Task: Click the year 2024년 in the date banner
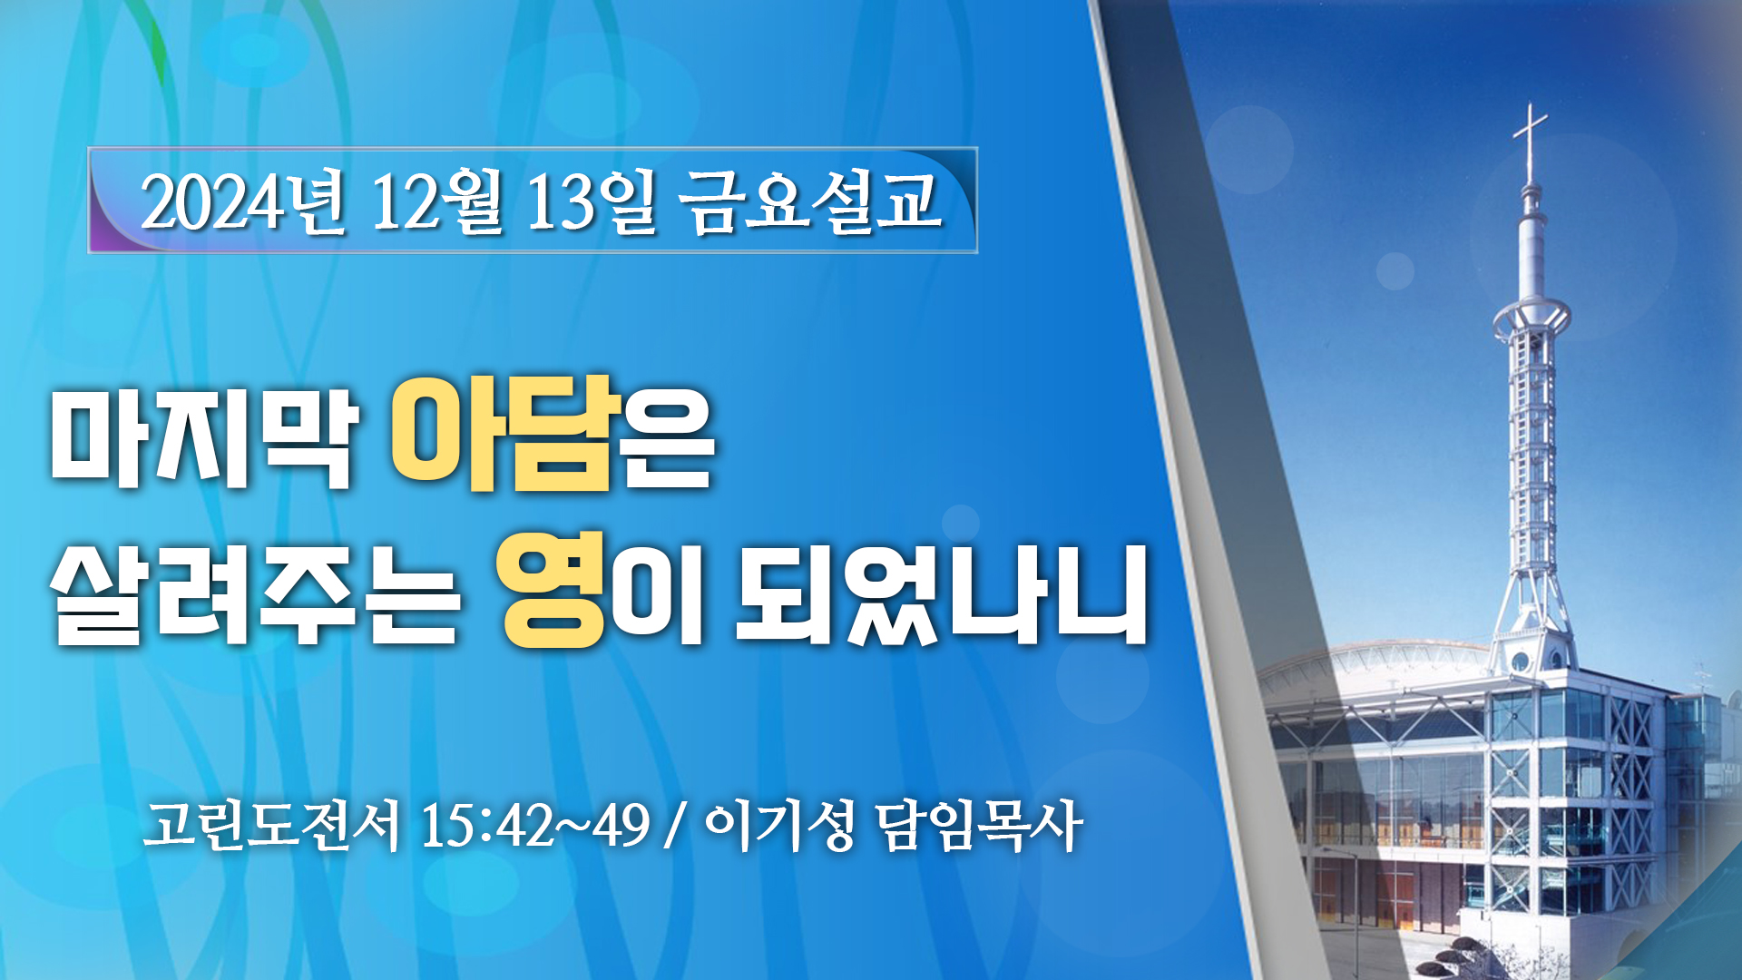pyautogui.click(x=243, y=201)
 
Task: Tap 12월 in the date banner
pyautogui.click(x=436, y=201)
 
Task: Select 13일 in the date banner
pyautogui.click(x=591, y=201)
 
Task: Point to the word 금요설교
pyautogui.click(x=812, y=201)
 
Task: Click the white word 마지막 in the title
pyautogui.click(x=202, y=440)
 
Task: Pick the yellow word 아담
pyautogui.click(x=504, y=434)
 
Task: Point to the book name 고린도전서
pyautogui.click(x=270, y=826)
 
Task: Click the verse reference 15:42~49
pyautogui.click(x=535, y=826)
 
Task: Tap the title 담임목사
pyautogui.click(x=980, y=826)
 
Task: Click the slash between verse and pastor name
pyautogui.click(x=673, y=826)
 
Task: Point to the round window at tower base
pyautogui.click(x=1521, y=661)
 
